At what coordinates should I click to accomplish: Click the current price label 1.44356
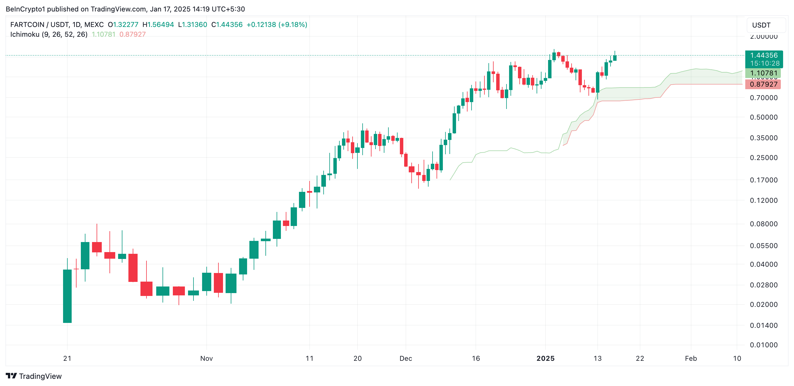[x=764, y=55]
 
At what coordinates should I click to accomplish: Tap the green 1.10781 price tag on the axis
[x=763, y=73]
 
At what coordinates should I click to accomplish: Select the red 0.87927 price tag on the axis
[x=763, y=84]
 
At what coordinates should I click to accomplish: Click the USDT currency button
[x=761, y=25]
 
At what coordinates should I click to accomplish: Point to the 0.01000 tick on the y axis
[x=764, y=345]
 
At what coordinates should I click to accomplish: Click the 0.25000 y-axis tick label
[x=764, y=157]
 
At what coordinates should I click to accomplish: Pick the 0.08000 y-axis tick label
[x=764, y=224]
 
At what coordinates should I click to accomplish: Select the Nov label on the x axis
[x=206, y=358]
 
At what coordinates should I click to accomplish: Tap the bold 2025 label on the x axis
[x=545, y=358]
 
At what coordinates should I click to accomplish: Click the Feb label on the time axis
[x=691, y=358]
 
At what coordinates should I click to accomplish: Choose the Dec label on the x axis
[x=406, y=358]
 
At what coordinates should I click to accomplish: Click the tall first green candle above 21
[x=67, y=296]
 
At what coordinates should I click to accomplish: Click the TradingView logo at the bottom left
[x=34, y=376]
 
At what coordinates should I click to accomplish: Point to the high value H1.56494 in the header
[x=158, y=25]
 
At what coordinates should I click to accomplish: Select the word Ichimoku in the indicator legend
[x=25, y=34]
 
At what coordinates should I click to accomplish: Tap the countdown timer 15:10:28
[x=765, y=63]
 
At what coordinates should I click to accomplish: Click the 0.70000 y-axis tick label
[x=764, y=98]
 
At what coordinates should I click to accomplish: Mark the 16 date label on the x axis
[x=476, y=358]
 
